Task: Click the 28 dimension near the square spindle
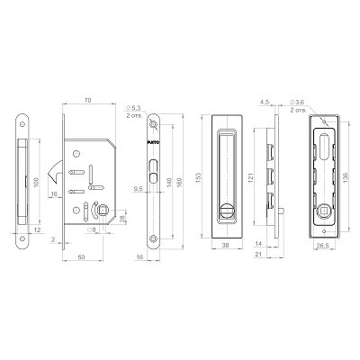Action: [122, 220]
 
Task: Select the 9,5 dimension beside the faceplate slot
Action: [138, 190]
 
